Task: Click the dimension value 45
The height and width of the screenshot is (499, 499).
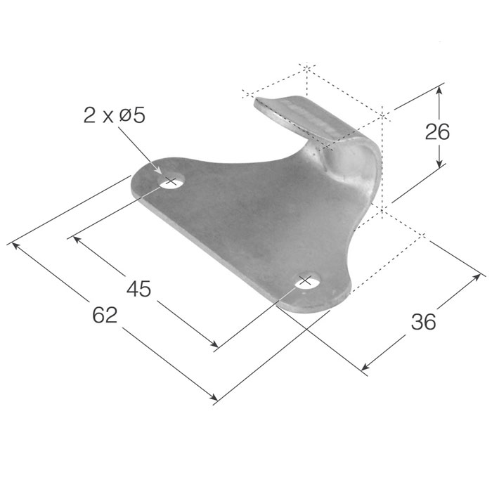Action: [x=138, y=288]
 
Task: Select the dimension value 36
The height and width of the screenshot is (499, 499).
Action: [x=423, y=321]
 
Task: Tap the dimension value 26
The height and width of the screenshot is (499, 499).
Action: [x=437, y=131]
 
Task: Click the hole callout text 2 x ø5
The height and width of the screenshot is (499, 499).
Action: [x=114, y=115]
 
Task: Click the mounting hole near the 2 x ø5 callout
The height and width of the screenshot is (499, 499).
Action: [x=170, y=183]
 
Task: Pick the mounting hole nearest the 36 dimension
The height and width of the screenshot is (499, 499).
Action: [x=305, y=281]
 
